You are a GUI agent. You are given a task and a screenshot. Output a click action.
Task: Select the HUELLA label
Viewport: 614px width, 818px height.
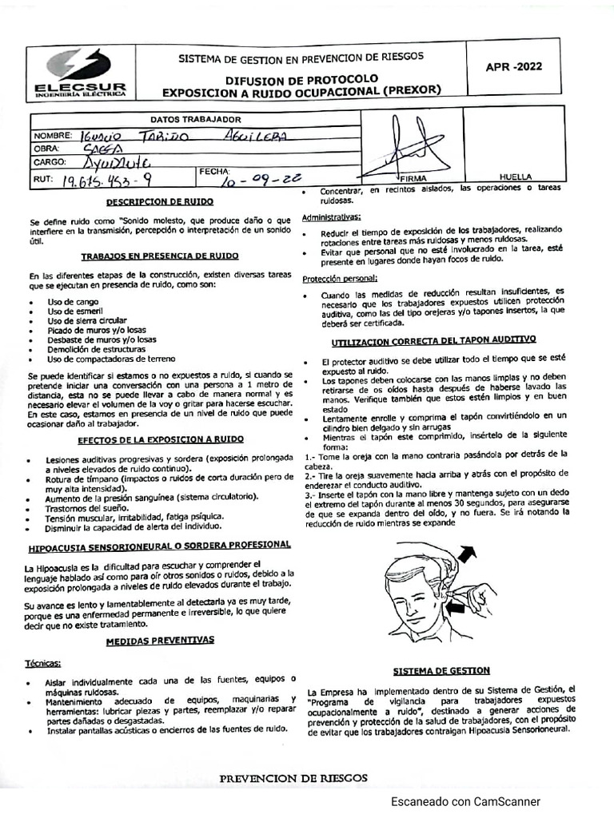515,177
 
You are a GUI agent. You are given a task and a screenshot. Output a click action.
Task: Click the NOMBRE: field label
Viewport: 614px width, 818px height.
53,135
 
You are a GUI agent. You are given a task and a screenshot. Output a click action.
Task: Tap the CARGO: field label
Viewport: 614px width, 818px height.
50,162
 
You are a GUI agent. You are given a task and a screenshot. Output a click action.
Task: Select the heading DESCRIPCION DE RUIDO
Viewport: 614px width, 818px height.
160,203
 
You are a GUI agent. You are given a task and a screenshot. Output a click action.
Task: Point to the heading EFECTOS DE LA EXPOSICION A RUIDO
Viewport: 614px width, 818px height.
161,439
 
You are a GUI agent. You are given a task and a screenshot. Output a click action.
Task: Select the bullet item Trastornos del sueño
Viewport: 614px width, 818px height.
87,506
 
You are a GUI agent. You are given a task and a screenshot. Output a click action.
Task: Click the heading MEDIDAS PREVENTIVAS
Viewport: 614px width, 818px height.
160,641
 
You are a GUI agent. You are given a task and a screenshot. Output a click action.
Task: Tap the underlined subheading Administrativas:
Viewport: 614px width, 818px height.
331,217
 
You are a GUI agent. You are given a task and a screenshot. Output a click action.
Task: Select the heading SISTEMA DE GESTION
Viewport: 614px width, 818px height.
441,670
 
